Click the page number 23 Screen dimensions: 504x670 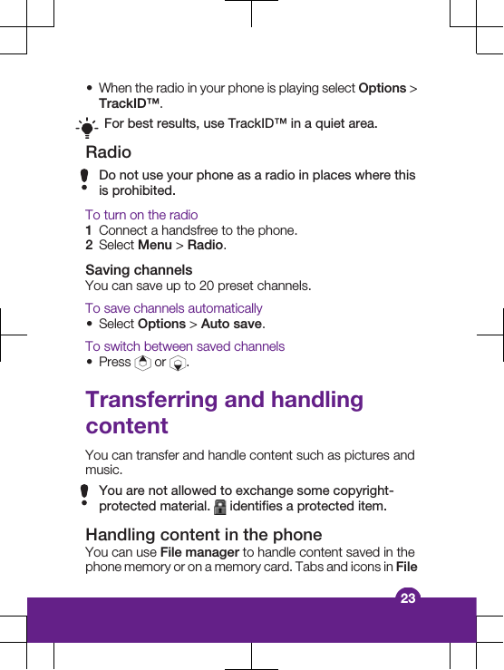pos(408,597)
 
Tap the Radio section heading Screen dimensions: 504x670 pos(108,152)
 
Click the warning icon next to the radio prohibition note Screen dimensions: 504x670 pos(84,181)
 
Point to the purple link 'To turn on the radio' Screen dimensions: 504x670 pos(141,215)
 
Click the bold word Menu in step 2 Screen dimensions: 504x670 pos(155,246)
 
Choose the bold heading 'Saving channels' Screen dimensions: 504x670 pos(139,270)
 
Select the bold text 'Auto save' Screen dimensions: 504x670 pos(232,324)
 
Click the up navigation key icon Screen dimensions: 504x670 pos(142,363)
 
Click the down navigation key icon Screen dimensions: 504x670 pos(179,364)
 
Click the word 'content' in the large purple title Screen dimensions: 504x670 pos(127,426)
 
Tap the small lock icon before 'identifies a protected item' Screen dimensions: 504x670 pos(220,506)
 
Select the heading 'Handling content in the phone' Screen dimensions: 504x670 pos(203,535)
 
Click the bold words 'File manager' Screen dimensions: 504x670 pos(199,552)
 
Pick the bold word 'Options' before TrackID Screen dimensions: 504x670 pos(383,89)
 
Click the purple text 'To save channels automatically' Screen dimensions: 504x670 pos(174,308)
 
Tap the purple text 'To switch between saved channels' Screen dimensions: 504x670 pos(185,346)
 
